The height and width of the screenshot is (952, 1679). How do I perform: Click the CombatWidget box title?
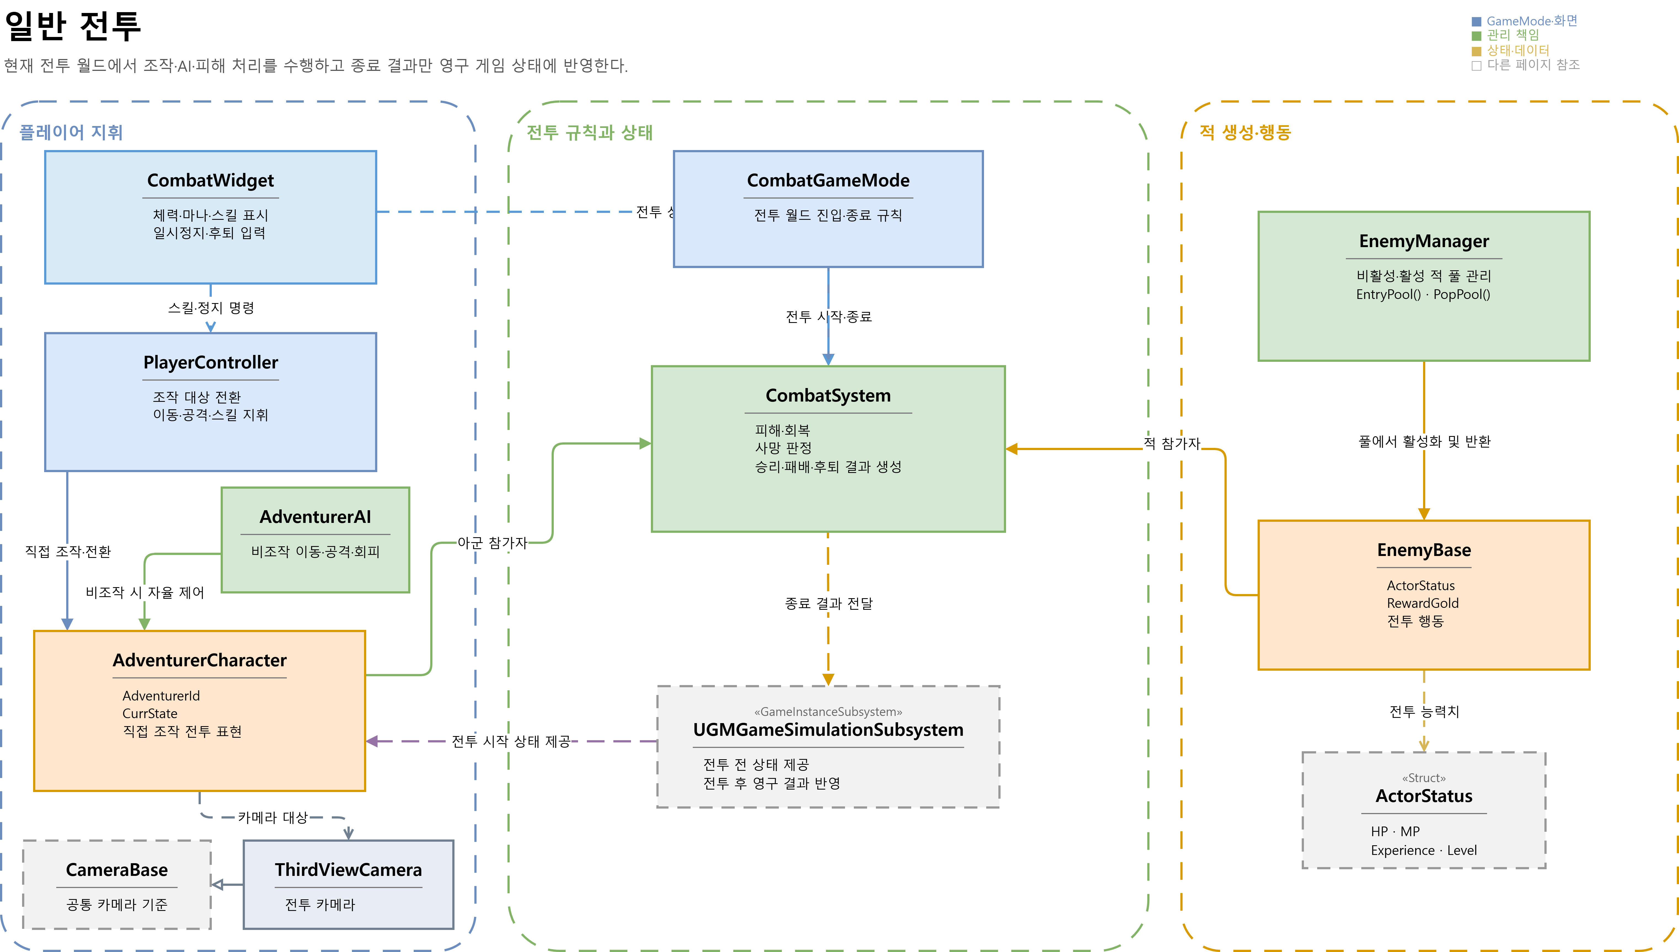tap(210, 180)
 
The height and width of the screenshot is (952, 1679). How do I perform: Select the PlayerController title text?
tap(210, 362)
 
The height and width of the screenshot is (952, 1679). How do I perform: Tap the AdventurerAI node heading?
tap(315, 517)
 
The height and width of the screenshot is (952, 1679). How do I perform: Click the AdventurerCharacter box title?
tap(199, 660)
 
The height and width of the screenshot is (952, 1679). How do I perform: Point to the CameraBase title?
tap(117, 870)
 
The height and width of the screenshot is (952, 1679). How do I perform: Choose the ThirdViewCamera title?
tap(349, 870)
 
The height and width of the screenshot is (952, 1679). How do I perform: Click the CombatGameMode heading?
tap(828, 180)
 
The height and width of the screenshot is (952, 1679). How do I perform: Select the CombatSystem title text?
tap(828, 395)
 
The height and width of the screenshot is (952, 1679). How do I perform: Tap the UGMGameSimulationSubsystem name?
tap(828, 730)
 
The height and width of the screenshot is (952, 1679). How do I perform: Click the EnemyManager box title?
tap(1424, 241)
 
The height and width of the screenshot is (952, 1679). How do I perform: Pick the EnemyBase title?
tap(1424, 550)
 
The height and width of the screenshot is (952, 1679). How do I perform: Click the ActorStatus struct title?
tap(1424, 796)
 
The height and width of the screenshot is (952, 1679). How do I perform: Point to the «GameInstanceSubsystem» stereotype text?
tap(828, 712)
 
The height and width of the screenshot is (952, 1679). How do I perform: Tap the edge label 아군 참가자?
tap(492, 543)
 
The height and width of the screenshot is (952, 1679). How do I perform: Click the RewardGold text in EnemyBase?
tap(1423, 603)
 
